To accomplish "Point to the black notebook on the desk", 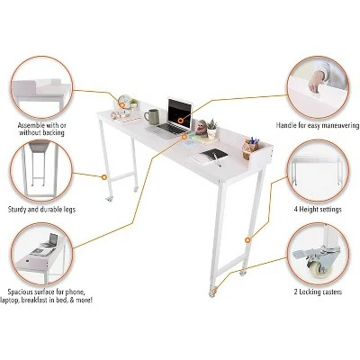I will (211, 155).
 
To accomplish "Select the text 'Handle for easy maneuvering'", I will (314, 124).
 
